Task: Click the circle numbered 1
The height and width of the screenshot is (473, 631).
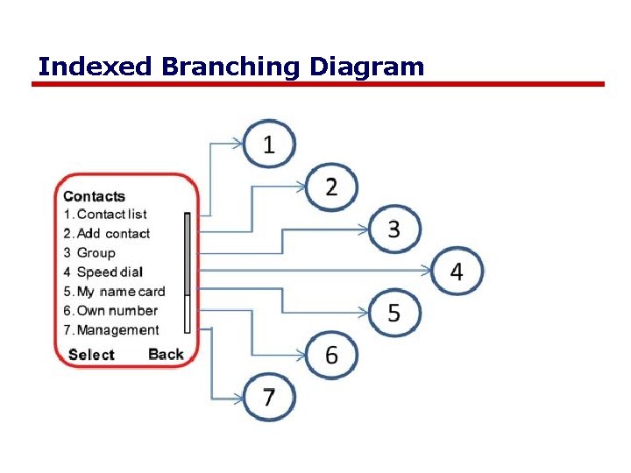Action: pos(268,145)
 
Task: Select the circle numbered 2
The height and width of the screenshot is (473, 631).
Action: pos(331,187)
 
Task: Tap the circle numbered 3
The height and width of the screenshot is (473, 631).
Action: pos(393,229)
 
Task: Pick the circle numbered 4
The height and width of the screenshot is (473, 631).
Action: pos(457,272)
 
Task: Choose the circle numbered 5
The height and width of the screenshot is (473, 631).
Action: pos(393,314)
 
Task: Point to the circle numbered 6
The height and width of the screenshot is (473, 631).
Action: pos(331,355)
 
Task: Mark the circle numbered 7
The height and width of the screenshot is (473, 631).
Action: pos(268,397)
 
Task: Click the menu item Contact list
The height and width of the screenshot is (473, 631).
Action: pos(111,215)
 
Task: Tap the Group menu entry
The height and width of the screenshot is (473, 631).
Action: pos(96,253)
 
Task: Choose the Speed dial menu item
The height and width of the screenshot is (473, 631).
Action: pos(110,272)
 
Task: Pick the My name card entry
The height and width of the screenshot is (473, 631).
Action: pos(120,292)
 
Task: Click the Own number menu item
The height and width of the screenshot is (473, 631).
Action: pos(117,311)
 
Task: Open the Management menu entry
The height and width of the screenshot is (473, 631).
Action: pos(117,330)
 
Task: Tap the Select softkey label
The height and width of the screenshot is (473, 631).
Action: pos(91,355)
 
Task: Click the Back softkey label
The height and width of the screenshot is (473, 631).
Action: pos(166,354)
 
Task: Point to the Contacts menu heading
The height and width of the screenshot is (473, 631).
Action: pos(94,196)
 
